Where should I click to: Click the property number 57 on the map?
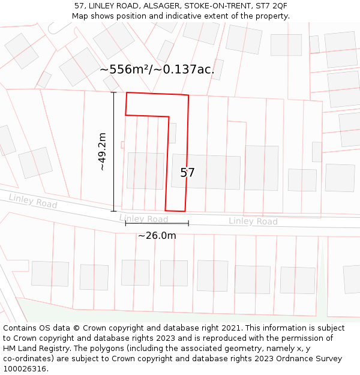point(187,173)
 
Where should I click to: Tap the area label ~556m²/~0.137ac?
point(157,70)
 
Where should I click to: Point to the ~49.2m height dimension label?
point(103,152)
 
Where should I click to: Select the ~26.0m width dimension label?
point(157,236)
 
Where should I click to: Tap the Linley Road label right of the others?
point(253,221)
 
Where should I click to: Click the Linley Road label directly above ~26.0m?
point(143,219)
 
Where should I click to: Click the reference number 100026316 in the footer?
point(25,369)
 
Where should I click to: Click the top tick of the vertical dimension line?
point(114,92)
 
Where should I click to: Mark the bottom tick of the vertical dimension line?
point(114,211)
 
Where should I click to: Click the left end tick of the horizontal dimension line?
point(125,223)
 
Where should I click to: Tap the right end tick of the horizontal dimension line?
point(188,223)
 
